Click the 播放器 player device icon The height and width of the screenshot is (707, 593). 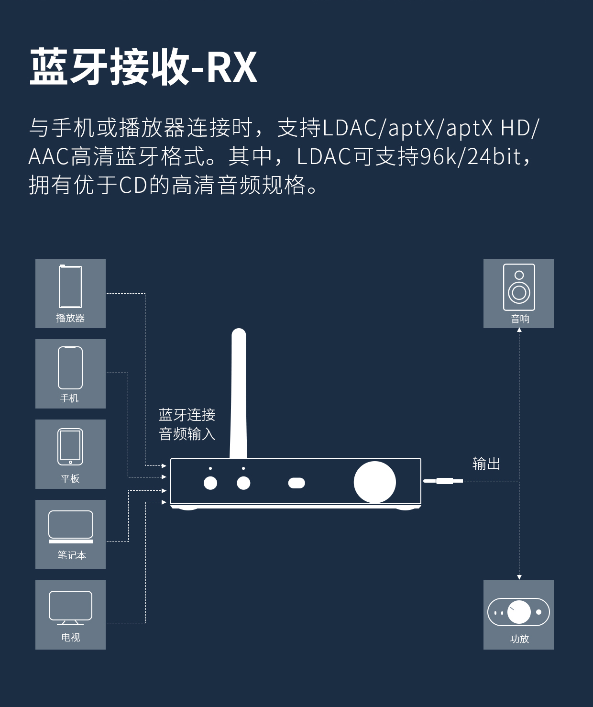tap(70, 287)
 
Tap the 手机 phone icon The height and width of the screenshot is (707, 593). tap(70, 367)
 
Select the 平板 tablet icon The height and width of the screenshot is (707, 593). tap(70, 447)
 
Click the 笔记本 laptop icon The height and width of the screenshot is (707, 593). tap(71, 526)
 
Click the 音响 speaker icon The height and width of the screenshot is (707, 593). tap(519, 287)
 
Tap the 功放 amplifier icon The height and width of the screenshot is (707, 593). tap(518, 612)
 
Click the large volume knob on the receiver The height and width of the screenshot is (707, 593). tap(374, 482)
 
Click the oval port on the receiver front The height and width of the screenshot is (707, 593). tap(296, 483)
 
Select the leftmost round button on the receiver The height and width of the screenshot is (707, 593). tap(210, 483)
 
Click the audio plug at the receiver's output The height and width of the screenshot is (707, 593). tap(443, 481)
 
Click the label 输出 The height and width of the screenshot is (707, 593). tap(486, 464)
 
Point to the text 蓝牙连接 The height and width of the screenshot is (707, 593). tap(187, 415)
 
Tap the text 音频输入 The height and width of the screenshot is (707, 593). tap(187, 434)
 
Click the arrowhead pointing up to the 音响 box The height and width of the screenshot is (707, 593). tap(519, 330)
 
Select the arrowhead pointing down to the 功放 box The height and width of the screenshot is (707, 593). tap(519, 577)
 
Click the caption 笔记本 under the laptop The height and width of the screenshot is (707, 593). tap(72, 555)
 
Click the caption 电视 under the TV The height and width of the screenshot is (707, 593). tap(71, 637)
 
